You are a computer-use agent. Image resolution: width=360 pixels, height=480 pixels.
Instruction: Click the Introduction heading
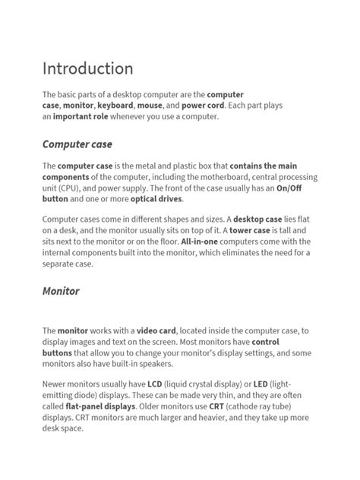click(87, 69)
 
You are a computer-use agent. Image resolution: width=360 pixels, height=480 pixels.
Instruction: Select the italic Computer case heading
click(77, 144)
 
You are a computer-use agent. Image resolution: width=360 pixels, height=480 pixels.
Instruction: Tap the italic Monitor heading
click(61, 291)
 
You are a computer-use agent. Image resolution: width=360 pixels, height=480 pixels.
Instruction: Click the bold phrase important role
click(84, 117)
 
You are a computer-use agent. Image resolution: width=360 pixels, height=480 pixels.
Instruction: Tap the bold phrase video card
click(156, 330)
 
